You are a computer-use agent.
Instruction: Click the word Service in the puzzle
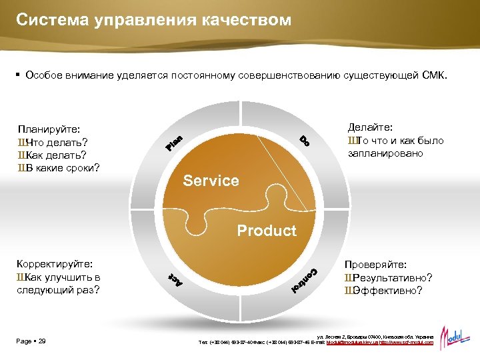211,181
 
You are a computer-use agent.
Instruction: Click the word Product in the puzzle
267,231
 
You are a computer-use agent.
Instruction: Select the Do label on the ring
304,141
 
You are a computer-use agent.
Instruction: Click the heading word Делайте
370,127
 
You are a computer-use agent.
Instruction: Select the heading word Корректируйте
55,264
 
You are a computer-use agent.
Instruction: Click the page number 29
42,341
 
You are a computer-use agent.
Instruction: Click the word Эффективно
387,290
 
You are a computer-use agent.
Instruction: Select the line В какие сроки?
59,167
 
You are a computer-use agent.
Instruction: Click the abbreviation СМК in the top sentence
435,76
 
